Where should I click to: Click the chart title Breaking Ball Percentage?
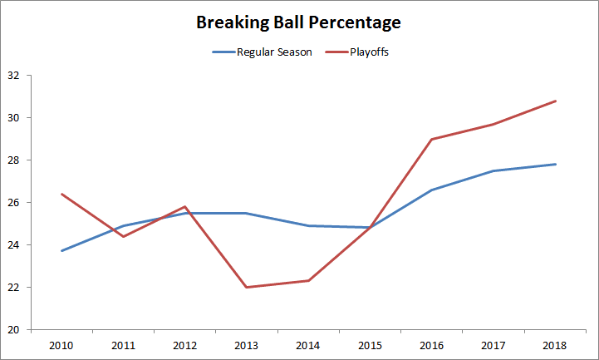[x=299, y=22]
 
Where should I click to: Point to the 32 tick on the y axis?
[x=13, y=76]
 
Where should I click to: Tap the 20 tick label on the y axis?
[x=13, y=330]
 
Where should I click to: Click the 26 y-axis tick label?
[x=13, y=203]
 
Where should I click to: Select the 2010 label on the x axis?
[x=61, y=344]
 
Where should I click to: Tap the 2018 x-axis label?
[x=556, y=344]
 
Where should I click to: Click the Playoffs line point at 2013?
[x=247, y=287]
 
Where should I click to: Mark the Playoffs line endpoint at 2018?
[x=556, y=101]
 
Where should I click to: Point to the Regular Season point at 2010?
[x=61, y=251]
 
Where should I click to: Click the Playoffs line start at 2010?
[x=61, y=194]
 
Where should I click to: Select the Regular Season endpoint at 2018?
[x=556, y=164]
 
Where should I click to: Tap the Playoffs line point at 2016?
[x=432, y=139]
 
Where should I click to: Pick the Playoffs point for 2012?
[x=184, y=206]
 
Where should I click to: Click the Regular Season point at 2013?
[x=247, y=213]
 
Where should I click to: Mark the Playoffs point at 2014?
[x=309, y=280]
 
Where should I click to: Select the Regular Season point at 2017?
[x=494, y=170]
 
